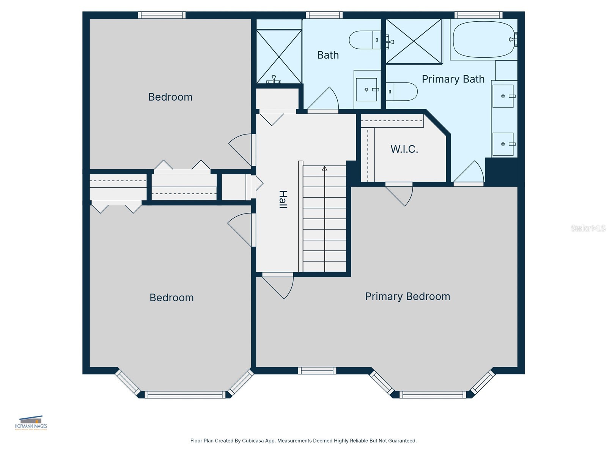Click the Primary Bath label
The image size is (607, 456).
(x=453, y=79)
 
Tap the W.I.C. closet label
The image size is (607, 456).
(x=404, y=149)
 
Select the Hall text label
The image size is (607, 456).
(x=283, y=199)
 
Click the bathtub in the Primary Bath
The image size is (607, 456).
(x=483, y=40)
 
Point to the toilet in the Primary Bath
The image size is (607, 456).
(x=402, y=92)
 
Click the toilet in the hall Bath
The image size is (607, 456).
(x=364, y=40)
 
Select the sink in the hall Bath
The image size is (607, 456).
(x=366, y=90)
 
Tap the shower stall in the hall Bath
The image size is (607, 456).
(x=279, y=56)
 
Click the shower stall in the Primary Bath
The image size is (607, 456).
(x=414, y=41)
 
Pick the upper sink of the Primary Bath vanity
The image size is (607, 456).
(x=503, y=96)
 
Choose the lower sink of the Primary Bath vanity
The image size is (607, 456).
(x=503, y=144)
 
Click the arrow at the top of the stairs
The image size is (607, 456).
(x=324, y=168)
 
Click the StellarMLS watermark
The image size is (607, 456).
(x=588, y=228)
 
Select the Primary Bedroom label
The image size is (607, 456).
(x=407, y=296)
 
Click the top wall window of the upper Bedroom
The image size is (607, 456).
(x=162, y=15)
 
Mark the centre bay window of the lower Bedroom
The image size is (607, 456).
(x=185, y=395)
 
